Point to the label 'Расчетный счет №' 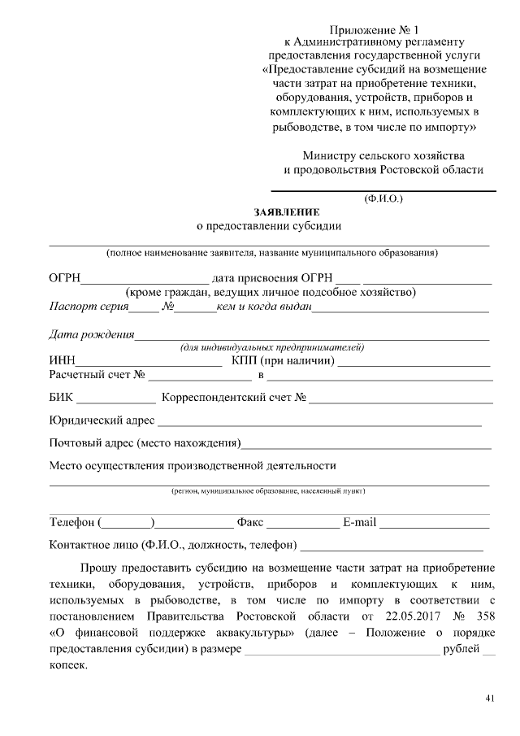97,376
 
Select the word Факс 250,521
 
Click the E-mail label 359,521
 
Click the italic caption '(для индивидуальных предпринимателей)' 271,348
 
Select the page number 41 489,699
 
